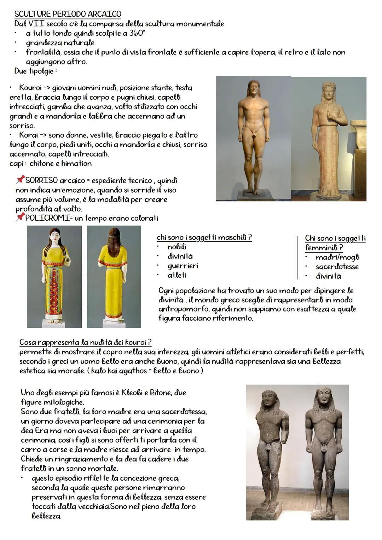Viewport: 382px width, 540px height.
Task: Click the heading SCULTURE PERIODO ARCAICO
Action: point(67,14)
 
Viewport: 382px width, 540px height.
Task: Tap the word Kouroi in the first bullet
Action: point(31,87)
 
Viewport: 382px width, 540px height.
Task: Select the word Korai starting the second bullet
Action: point(29,135)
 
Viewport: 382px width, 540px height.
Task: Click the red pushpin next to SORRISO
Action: point(20,180)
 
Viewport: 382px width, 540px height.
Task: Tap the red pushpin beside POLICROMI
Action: point(20,217)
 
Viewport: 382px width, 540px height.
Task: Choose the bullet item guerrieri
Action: point(183,266)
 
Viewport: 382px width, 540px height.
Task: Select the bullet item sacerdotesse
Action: point(337,267)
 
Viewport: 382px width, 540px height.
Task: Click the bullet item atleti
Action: point(177,275)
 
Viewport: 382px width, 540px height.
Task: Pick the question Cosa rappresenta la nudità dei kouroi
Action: point(85,342)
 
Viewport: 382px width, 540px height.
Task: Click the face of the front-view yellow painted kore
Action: point(54,237)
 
